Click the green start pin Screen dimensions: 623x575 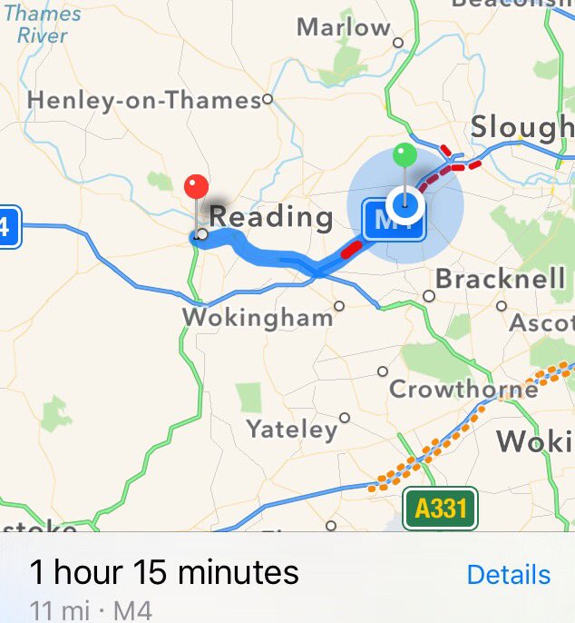point(405,155)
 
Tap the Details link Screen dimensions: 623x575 point(508,575)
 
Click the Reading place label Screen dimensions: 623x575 point(271,217)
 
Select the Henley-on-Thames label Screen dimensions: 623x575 point(144,100)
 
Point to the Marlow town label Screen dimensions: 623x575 point(344,28)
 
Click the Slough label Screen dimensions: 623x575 point(521,128)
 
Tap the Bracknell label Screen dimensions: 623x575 point(501,279)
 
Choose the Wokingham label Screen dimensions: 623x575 point(258,318)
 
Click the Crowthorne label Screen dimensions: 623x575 point(463,390)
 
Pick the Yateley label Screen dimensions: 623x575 point(291,429)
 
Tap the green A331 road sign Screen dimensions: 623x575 point(441,509)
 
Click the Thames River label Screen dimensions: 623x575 point(42,25)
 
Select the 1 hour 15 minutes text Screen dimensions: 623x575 point(164,573)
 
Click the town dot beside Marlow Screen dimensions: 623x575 point(397,42)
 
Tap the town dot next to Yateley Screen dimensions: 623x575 point(345,418)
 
